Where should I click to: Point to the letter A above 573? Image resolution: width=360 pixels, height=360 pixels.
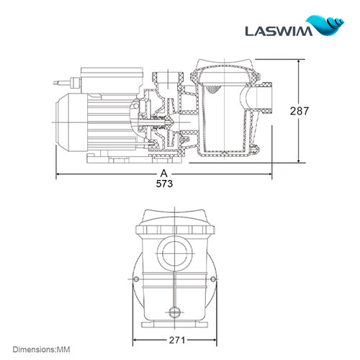pyautogui.click(x=164, y=174)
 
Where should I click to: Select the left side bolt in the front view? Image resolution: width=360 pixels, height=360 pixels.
pyautogui.click(x=135, y=280)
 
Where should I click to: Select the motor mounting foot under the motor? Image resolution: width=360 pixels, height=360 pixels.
pyautogui.click(x=108, y=156)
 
